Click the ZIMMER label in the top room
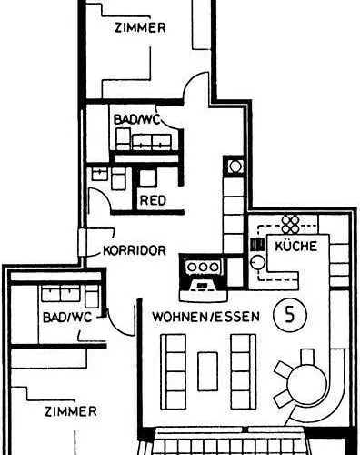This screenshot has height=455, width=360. pyautogui.click(x=140, y=28)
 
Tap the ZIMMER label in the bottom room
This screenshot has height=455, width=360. pyautogui.click(x=71, y=411)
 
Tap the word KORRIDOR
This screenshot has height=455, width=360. pyautogui.click(x=134, y=249)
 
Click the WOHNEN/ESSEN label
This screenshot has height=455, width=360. pyautogui.click(x=206, y=318)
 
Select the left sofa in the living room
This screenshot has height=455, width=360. pyautogui.click(x=173, y=371)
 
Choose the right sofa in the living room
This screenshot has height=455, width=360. pyautogui.click(x=242, y=371)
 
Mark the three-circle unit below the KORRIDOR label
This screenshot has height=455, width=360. pyautogui.click(x=203, y=267)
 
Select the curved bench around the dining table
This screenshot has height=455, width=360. pyautogui.click(x=337, y=382)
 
